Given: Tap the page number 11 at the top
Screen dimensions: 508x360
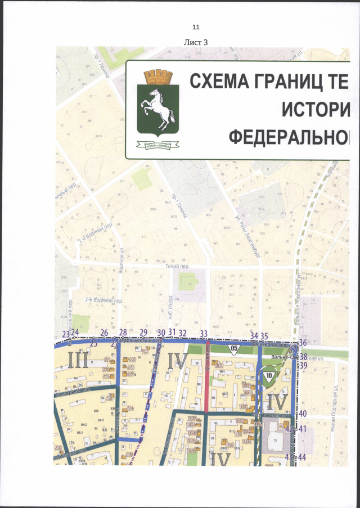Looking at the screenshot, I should tap(196, 27).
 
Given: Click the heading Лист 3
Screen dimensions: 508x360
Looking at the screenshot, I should tap(196, 42).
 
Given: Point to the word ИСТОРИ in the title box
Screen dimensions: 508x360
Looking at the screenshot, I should tap(317, 109).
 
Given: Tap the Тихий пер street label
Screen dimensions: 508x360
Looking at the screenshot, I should tap(175, 268).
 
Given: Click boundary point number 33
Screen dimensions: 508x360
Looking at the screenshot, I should tap(204, 333).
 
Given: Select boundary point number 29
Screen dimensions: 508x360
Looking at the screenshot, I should tap(143, 333).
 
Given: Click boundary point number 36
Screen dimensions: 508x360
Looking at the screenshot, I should tap(303, 342).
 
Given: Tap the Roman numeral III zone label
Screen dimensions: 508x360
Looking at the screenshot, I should tap(77, 359).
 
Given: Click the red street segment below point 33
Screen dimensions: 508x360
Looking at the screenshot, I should tap(208, 377).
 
